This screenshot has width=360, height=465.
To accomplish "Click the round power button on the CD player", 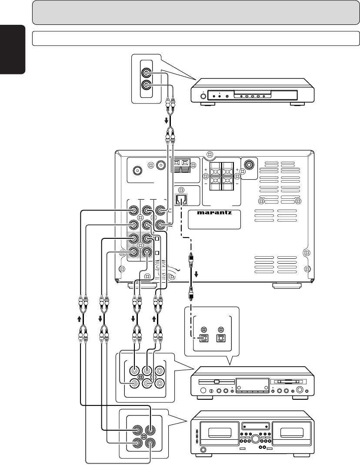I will (203, 96).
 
